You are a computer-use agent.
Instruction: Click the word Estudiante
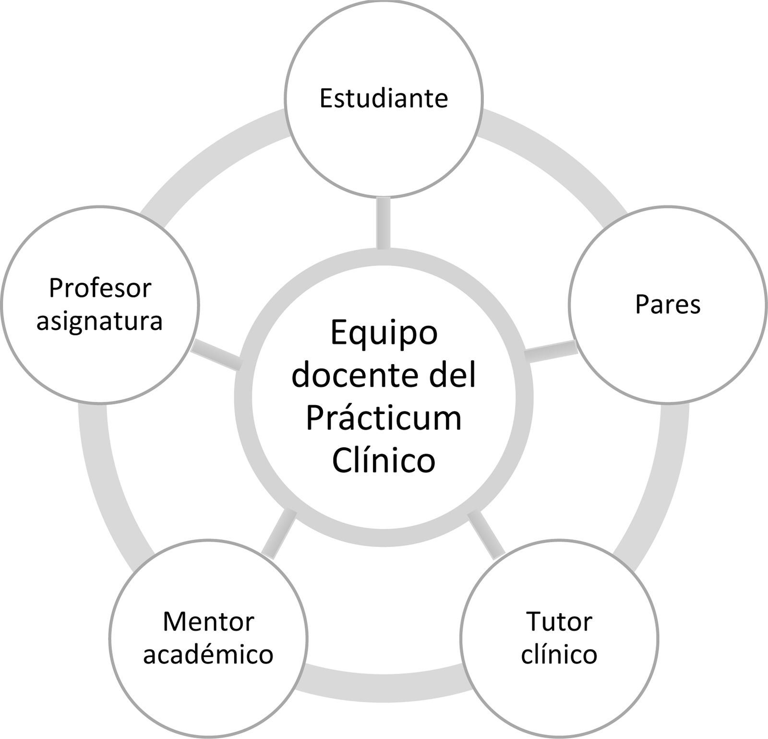(384, 98)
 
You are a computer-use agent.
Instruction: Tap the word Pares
(668, 304)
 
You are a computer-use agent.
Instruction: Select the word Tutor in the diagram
(559, 622)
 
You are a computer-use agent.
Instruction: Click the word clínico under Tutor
(559, 655)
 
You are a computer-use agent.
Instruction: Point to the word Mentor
(208, 622)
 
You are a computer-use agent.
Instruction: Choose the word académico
(208, 655)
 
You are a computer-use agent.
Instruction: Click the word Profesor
(100, 288)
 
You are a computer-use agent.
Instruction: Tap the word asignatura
(100, 321)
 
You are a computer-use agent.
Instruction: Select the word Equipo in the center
(384, 332)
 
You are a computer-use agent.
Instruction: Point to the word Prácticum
(384, 417)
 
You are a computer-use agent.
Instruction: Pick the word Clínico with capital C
(384, 460)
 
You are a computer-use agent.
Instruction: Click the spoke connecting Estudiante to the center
(384, 223)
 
